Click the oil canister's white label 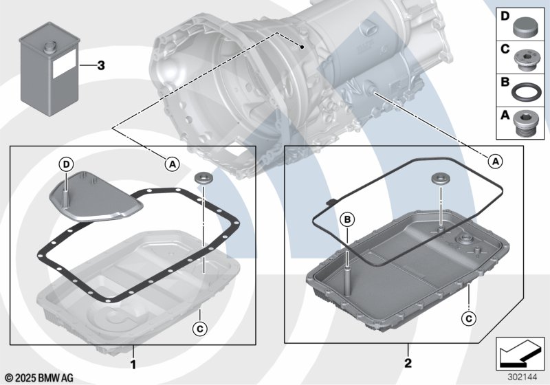click(x=64, y=64)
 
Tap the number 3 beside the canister click(x=101, y=65)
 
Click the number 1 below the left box click(x=133, y=364)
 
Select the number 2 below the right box click(x=408, y=363)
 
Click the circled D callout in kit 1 click(x=67, y=164)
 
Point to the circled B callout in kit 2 click(x=348, y=219)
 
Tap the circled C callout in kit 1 click(x=200, y=329)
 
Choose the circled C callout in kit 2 click(x=469, y=319)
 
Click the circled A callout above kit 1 click(x=173, y=164)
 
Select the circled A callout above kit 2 click(x=495, y=162)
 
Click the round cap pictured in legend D click(x=525, y=27)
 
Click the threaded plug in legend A click(x=525, y=124)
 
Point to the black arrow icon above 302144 click(x=520, y=353)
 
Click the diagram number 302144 click(x=522, y=377)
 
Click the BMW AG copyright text click(x=40, y=378)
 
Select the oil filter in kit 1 click(x=95, y=197)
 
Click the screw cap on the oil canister click(x=49, y=47)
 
